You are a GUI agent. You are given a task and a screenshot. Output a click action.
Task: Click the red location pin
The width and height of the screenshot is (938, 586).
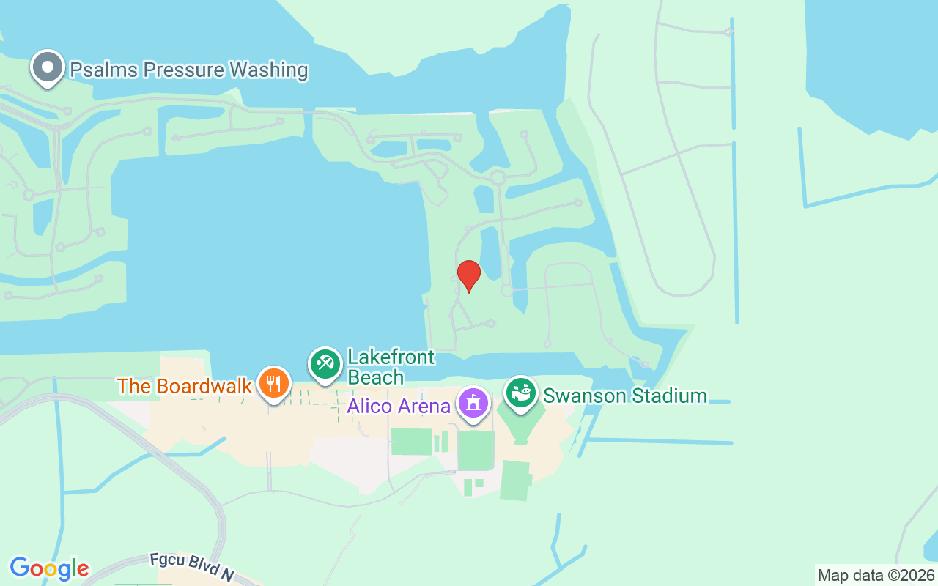(469, 275)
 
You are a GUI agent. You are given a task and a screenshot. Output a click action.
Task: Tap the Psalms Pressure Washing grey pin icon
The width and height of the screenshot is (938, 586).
(48, 67)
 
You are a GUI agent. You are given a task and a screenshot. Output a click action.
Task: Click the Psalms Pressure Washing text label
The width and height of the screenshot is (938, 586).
(188, 70)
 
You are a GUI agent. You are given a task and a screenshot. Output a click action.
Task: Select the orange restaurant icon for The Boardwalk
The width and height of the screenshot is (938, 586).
(273, 383)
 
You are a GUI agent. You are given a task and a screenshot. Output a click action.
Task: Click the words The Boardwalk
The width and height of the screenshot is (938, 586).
(185, 386)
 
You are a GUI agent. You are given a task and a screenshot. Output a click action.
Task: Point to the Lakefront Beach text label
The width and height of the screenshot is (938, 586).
(391, 367)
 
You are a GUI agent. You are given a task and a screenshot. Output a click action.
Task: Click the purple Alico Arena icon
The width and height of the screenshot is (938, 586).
(473, 403)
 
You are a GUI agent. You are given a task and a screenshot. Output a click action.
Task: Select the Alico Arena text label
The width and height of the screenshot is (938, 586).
(398, 406)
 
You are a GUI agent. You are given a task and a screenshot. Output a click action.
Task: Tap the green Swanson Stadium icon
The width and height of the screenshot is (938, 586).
(521, 393)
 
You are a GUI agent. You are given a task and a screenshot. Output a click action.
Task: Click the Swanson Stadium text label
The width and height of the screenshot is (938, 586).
(624, 396)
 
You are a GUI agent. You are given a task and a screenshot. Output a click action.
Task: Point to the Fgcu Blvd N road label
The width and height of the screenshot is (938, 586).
(192, 568)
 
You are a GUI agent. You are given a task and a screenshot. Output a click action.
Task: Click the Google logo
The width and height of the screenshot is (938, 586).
(49, 568)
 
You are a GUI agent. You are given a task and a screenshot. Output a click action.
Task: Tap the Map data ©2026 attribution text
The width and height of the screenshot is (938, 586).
(876, 575)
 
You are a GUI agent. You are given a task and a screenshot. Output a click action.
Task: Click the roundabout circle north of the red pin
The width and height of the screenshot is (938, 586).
(498, 177)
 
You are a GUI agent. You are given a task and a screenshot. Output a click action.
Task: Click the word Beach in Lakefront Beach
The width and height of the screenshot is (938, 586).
(375, 377)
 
